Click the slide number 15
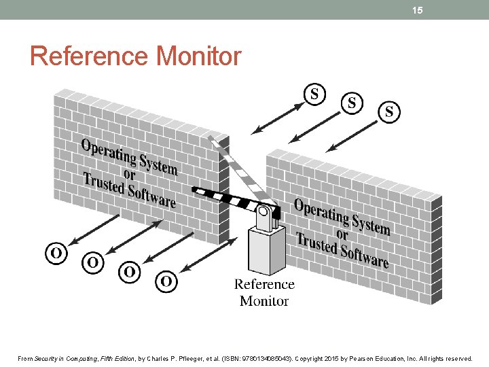[x=418, y=10]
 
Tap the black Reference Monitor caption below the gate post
[x=264, y=292]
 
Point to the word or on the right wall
[x=342, y=234]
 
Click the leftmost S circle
[x=314, y=94]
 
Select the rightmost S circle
[x=389, y=112]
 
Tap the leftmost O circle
[x=56, y=254]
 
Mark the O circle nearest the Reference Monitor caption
[x=166, y=281]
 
